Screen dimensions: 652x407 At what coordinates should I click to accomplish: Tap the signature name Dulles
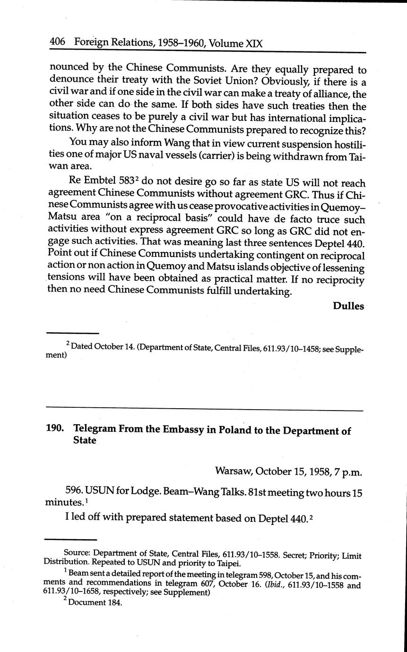348,306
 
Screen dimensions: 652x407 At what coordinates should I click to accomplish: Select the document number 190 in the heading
55,430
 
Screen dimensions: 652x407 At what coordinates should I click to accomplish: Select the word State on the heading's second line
85,440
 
